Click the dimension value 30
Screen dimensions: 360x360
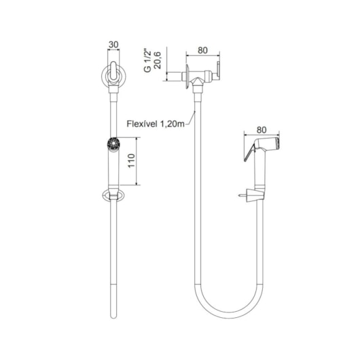click(113, 45)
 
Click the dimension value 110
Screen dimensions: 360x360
click(131, 161)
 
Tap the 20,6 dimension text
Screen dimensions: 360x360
click(158, 60)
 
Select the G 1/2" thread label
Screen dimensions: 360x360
click(148, 60)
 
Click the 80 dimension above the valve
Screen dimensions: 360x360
click(202, 50)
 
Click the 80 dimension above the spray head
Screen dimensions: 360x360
click(262, 130)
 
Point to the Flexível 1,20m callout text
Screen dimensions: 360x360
click(156, 124)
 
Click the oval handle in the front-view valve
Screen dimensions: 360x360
click(113, 71)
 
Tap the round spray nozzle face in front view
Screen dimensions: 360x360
click(113, 144)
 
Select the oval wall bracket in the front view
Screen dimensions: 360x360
click(113, 196)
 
